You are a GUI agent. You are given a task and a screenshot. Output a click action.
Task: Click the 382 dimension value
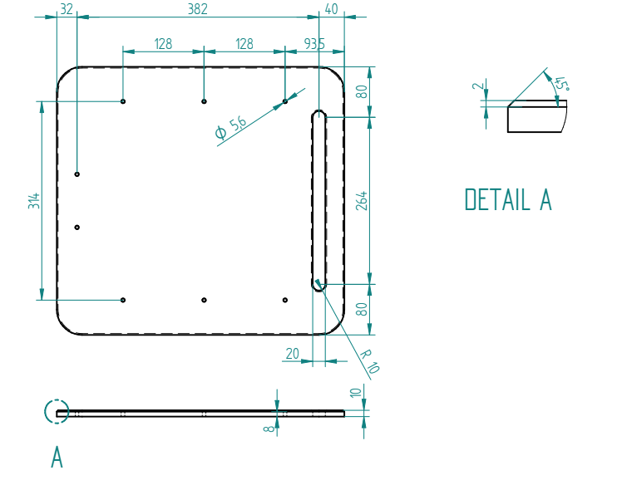tap(197, 9)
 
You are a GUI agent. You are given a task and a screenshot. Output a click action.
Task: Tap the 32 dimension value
tap(67, 9)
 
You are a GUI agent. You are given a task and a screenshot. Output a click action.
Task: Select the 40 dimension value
tap(332, 9)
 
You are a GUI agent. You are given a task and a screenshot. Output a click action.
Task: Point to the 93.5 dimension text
tap(314, 43)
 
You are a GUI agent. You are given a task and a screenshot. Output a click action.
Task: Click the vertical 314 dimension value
tap(34, 200)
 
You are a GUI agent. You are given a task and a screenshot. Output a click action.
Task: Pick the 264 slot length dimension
tap(362, 200)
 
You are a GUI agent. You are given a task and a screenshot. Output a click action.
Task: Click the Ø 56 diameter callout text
tap(230, 127)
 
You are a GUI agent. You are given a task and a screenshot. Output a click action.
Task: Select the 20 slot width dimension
tap(292, 354)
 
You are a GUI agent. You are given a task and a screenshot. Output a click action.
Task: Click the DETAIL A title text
tap(508, 199)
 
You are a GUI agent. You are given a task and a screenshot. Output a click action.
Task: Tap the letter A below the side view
tap(57, 457)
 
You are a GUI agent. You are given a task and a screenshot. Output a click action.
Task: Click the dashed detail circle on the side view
tap(56, 412)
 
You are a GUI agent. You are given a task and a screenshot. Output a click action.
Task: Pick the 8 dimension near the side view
tap(267, 429)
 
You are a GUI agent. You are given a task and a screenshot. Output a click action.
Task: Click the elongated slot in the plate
tap(319, 200)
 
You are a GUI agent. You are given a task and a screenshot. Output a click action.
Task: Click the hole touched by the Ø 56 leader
tap(285, 101)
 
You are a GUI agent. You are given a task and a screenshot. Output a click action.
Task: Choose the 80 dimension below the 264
tap(362, 309)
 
